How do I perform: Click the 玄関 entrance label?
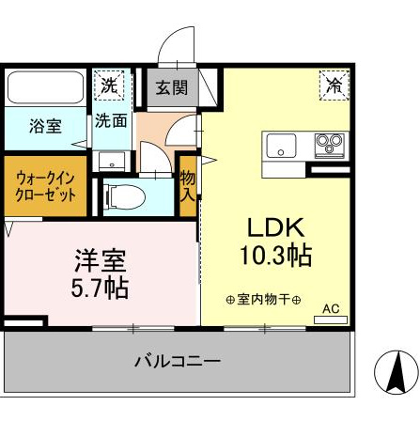[x=172, y=88]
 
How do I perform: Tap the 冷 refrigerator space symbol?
[x=334, y=85]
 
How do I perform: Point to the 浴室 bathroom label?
[x=44, y=125]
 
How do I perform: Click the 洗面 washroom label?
[x=111, y=121]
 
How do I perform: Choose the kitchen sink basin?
[x=281, y=146]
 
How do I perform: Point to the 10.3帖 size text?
[x=274, y=255]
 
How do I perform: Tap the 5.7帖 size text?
[x=101, y=286]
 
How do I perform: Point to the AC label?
[x=330, y=308]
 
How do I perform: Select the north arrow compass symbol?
[x=396, y=371]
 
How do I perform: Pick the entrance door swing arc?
[x=174, y=47]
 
